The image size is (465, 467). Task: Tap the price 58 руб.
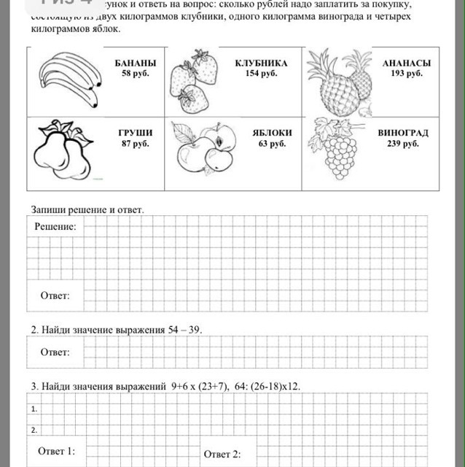[135, 74]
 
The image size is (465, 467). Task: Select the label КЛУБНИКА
[261, 63]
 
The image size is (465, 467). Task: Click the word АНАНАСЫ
[407, 63]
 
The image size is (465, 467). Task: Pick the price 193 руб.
[407, 74]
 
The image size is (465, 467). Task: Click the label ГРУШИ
[136, 134]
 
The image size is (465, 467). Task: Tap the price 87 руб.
[136, 144]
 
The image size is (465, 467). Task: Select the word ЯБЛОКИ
[272, 134]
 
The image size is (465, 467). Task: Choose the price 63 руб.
[272, 144]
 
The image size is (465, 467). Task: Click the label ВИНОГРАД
[403, 134]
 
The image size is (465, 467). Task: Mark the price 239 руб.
[403, 144]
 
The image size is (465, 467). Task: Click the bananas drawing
[69, 77]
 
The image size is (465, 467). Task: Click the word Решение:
[55, 227]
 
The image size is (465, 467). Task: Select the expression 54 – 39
[184, 330]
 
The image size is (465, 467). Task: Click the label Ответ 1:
[56, 451]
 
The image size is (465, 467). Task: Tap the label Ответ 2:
[222, 454]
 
